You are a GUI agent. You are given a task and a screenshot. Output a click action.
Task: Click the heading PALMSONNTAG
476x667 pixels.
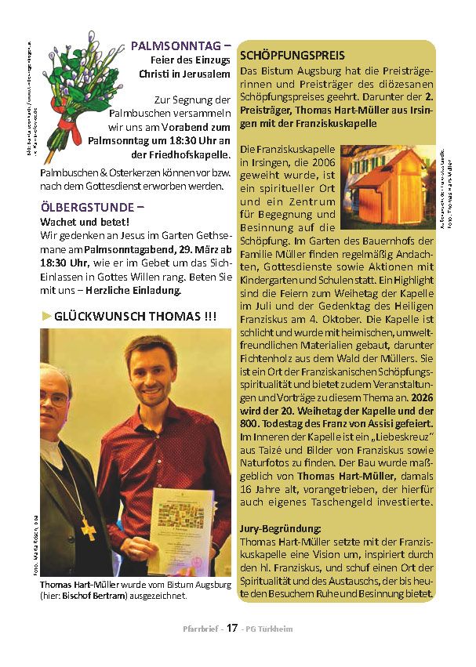(x=180, y=45)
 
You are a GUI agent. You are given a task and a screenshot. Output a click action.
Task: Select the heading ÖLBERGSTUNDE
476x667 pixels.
(x=93, y=208)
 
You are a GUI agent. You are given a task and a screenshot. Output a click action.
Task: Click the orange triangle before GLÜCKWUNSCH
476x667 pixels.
(x=46, y=316)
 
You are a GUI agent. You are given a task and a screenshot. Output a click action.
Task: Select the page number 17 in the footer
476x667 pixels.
(x=232, y=629)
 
